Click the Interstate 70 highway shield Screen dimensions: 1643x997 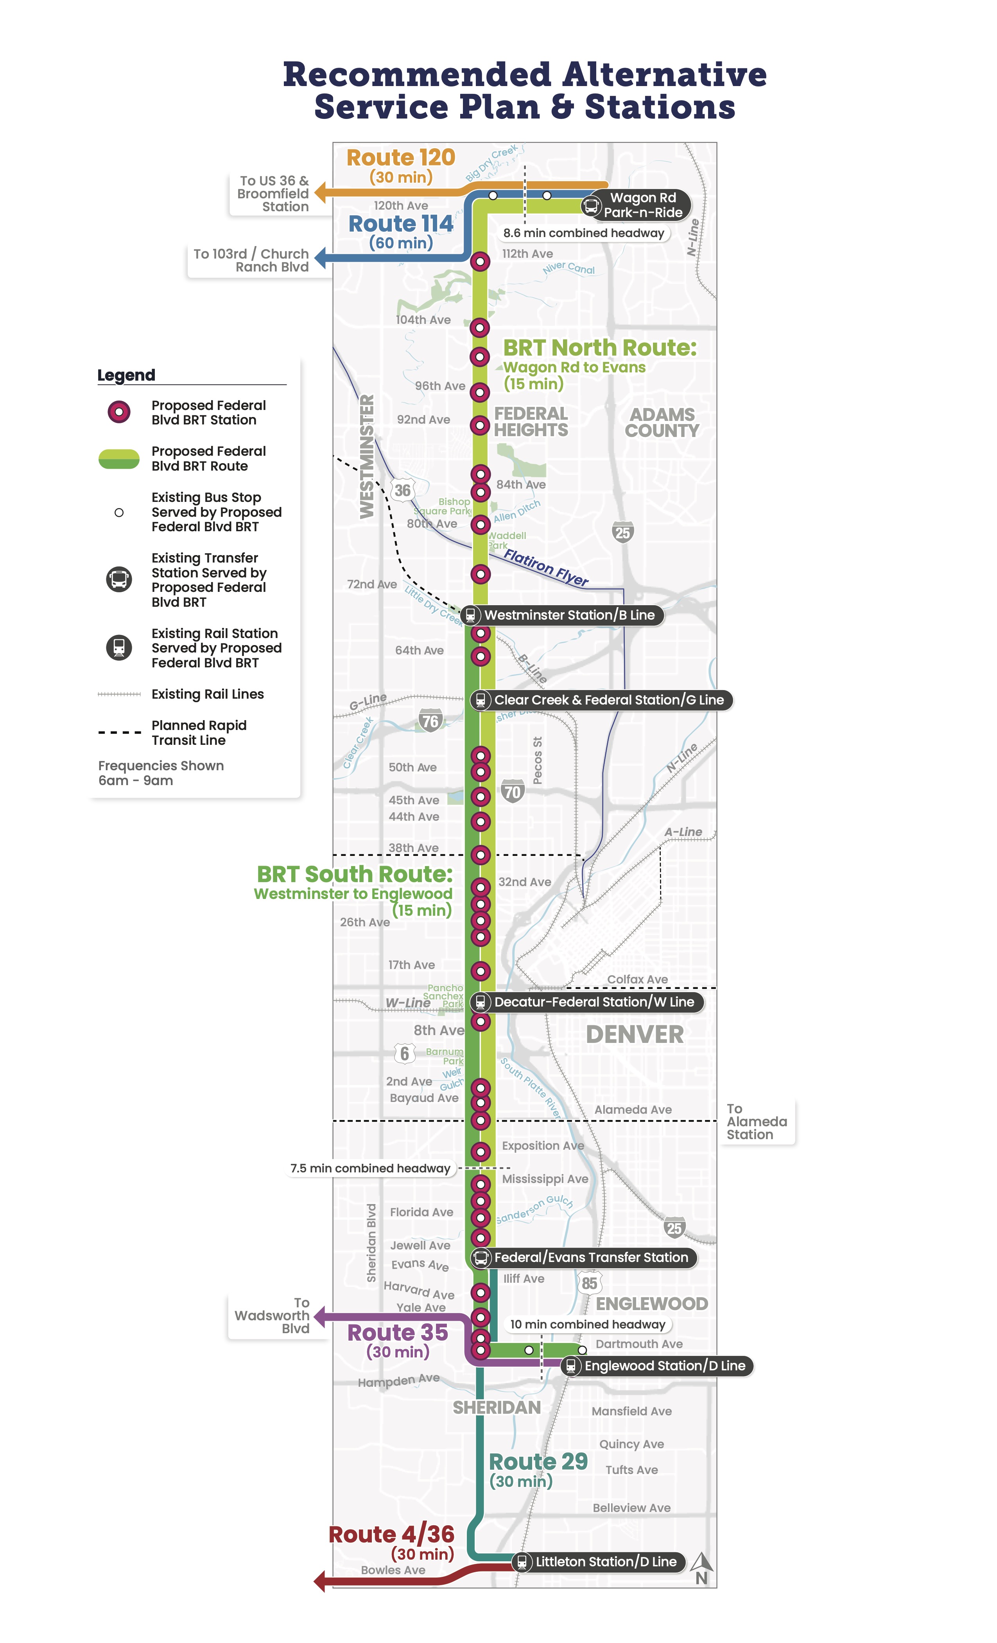point(512,791)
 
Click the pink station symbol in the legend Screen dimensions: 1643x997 point(118,412)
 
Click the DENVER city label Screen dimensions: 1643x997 point(635,1035)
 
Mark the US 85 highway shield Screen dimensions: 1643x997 point(589,1283)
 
